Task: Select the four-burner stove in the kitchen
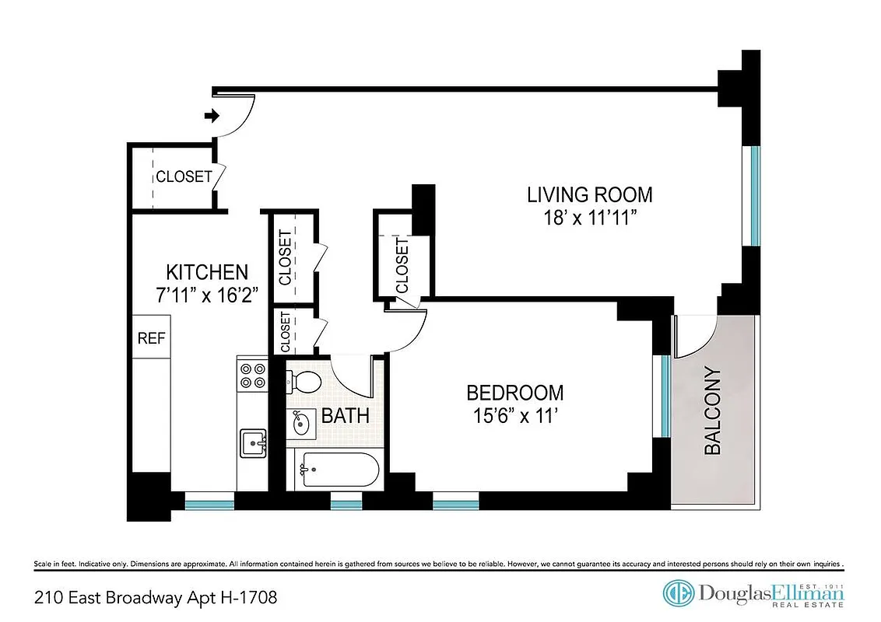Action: coord(252,376)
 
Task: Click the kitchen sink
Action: coord(253,444)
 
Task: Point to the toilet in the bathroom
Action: coord(305,382)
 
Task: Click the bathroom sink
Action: coord(299,424)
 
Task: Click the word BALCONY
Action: coord(713,411)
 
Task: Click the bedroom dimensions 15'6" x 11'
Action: coord(514,416)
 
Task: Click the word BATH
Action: coord(345,416)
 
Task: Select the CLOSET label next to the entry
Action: coord(183,176)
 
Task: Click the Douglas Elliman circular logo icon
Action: coord(678,593)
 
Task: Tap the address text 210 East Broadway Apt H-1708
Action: coord(156,597)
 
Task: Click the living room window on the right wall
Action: coord(754,195)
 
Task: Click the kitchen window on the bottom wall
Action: coord(209,504)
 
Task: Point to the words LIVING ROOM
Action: coord(589,194)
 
